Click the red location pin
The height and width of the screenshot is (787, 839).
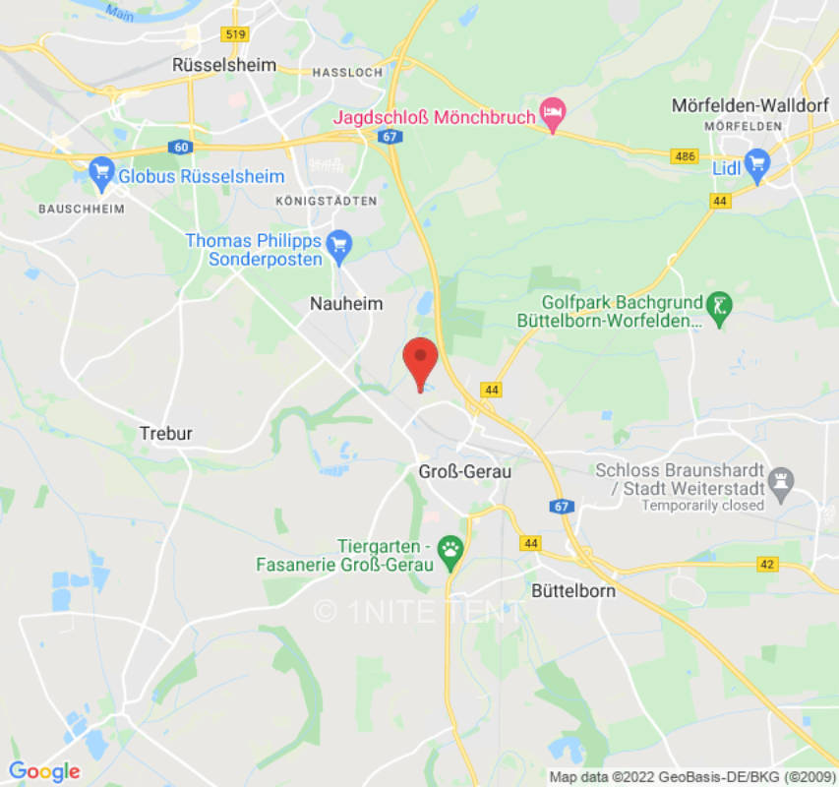click(420, 359)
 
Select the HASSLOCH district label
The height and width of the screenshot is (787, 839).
click(345, 73)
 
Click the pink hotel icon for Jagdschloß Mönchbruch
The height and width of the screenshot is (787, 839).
click(553, 116)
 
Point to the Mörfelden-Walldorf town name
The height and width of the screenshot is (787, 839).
click(744, 104)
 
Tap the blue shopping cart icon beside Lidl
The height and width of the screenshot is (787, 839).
click(755, 164)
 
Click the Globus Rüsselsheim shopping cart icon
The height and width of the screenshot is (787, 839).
click(101, 173)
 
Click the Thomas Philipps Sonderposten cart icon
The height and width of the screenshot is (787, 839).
click(339, 244)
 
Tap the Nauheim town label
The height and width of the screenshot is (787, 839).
click(345, 304)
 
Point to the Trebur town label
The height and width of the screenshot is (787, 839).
click(166, 433)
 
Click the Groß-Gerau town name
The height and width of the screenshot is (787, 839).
click(465, 472)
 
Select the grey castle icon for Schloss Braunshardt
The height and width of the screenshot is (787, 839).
click(781, 479)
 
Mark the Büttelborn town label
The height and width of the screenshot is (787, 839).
click(573, 591)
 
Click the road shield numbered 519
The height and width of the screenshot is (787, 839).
click(236, 34)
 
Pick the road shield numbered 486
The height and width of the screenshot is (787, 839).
click(685, 155)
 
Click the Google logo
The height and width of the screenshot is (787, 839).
click(44, 771)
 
